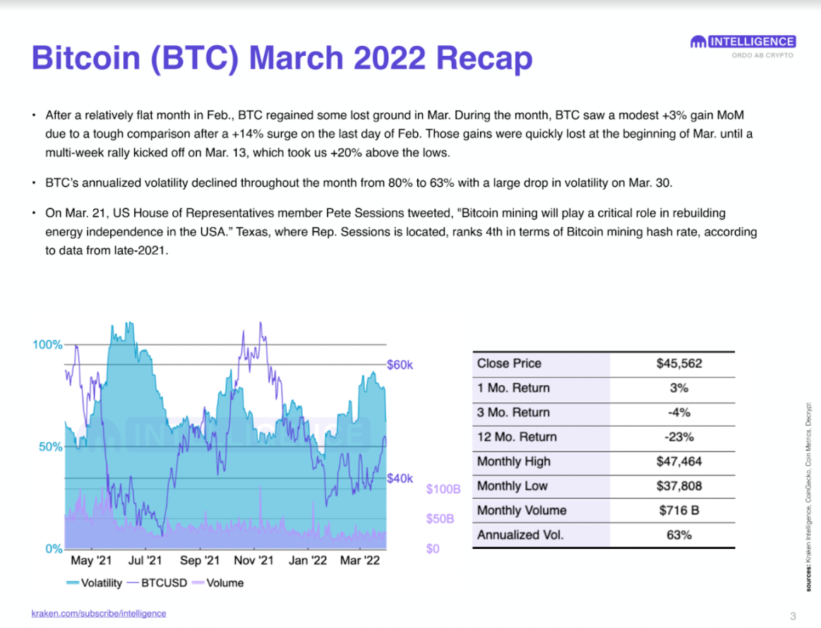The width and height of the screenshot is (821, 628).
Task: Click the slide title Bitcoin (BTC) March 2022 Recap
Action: coord(282,59)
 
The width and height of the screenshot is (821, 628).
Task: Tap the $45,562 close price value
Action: coord(678,364)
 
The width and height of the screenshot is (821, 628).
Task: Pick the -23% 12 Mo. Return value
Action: coord(678,437)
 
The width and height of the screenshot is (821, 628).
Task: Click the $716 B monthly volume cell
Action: coord(678,511)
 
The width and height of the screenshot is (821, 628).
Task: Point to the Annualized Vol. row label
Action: coord(520,535)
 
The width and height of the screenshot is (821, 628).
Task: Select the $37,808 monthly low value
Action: coord(678,486)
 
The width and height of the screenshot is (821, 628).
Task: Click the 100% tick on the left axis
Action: coord(47,345)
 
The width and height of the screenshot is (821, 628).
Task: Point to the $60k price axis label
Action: coord(400,365)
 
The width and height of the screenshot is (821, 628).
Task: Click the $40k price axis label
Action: coord(400,478)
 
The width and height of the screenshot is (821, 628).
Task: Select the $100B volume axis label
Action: coord(443,490)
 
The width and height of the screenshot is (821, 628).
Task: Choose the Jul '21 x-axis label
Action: coord(145,561)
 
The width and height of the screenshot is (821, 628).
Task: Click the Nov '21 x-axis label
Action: coord(253,561)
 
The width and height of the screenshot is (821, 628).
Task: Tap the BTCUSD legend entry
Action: coord(162,583)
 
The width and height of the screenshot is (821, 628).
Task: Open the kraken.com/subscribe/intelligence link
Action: coord(99,613)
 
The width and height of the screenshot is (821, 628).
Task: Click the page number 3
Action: coord(793,614)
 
